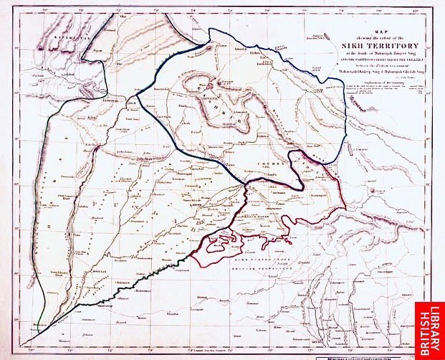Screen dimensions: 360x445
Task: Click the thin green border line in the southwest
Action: [x=44, y=316]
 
